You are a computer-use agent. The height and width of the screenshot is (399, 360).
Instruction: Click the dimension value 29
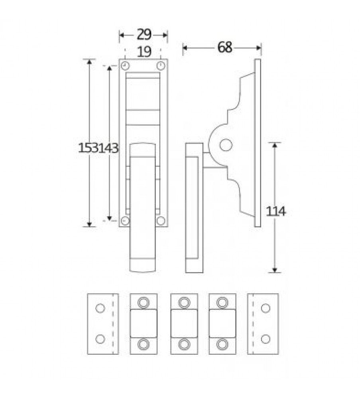pyautogui.click(x=144, y=35)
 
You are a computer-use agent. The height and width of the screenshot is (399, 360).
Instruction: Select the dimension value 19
pyautogui.click(x=144, y=51)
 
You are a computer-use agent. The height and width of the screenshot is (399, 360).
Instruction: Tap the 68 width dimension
pyautogui.click(x=225, y=47)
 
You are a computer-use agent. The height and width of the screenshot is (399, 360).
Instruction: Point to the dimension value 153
pyautogui.click(x=88, y=148)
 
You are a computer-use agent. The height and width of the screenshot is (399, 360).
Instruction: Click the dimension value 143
pyautogui.click(x=108, y=148)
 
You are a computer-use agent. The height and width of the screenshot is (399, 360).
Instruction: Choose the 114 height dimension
pyautogui.click(x=276, y=211)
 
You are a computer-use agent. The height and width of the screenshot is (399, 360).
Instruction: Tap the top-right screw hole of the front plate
pyautogui.click(x=160, y=66)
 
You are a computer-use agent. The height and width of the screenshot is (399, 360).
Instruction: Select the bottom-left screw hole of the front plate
pyautogui.click(x=125, y=221)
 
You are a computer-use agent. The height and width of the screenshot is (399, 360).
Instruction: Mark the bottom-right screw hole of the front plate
pyautogui.click(x=161, y=221)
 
